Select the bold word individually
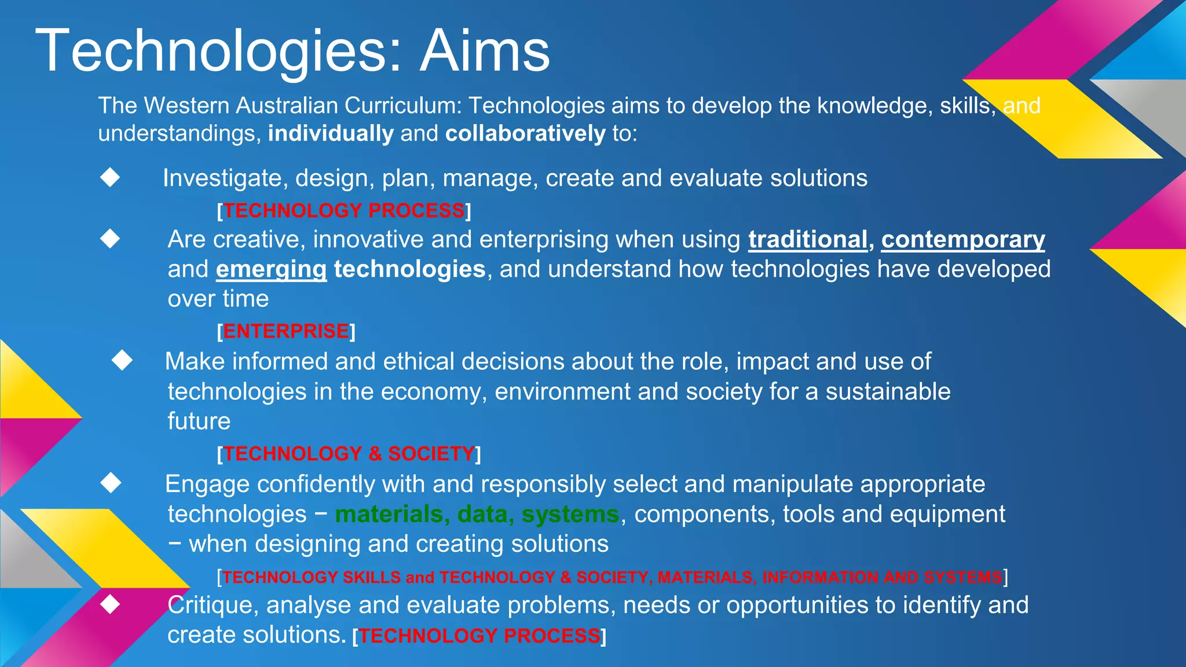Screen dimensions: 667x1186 point(331,134)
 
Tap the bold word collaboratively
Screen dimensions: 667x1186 point(525,134)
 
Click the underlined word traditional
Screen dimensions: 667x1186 point(808,240)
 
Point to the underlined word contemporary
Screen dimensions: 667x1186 point(963,240)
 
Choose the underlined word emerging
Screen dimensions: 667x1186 point(271,269)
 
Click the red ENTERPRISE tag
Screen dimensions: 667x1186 point(286,331)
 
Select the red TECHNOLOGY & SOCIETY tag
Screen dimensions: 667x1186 point(349,454)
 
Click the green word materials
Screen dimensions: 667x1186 point(389,514)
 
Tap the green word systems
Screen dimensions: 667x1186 point(570,514)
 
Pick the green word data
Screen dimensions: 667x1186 point(483,514)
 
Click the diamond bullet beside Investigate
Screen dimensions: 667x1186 point(110,177)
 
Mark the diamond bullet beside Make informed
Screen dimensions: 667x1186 point(122,360)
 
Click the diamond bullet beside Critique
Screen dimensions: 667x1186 point(110,604)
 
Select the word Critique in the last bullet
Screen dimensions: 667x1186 point(213,605)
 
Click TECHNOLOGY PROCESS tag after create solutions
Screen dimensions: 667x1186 point(479,636)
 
